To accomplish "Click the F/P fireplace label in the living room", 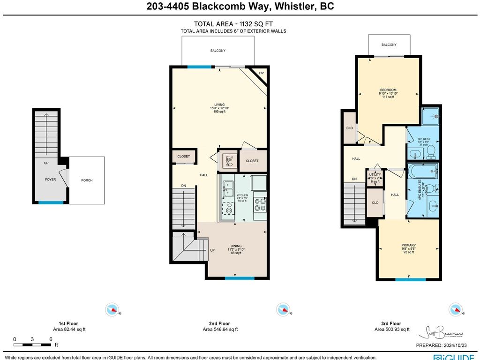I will point(262,73).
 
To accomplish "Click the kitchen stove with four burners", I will point(260,204).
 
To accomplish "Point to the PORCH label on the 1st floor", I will point(87,180).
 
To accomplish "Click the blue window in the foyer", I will point(51,202).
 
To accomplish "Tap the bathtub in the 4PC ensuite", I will point(422,171).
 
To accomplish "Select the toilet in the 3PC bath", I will point(431,151).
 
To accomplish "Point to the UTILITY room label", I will point(375,175).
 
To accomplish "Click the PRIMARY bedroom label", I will point(408,245).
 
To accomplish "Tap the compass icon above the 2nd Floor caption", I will point(283,309).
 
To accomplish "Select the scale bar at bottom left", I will point(32,345).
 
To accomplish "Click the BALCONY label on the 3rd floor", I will point(389,45).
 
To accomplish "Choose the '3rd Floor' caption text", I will point(391,323).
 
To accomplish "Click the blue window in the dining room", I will point(239,278).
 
